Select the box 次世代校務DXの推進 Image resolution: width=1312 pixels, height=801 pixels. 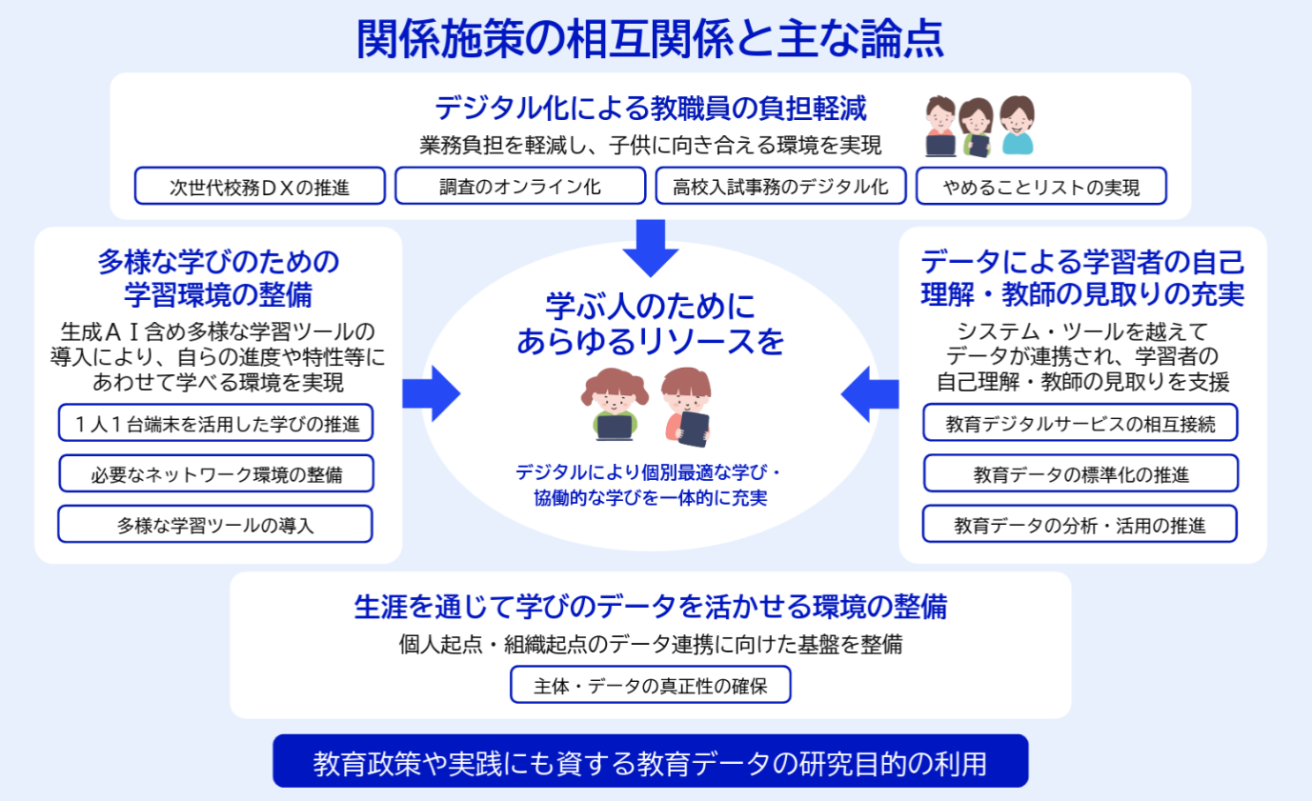260,187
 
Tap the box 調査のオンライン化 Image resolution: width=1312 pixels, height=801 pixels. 520,187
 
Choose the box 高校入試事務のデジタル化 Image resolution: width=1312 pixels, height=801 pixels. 780,187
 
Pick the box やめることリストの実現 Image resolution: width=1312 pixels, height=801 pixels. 1040,187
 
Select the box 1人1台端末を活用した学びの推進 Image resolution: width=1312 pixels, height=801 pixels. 215,423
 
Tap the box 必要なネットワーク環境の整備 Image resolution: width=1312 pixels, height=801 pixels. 215,473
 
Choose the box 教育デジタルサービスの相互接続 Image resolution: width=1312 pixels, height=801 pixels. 1080,423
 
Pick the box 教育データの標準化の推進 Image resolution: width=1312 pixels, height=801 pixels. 1080,473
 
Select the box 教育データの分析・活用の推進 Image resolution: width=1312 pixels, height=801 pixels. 1080,525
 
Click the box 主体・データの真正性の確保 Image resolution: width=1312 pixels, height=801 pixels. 651,685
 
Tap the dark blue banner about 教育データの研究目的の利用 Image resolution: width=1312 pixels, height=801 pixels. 651,762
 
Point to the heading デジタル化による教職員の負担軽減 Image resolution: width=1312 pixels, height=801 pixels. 651,109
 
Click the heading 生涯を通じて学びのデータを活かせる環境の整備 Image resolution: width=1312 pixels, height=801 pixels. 651,607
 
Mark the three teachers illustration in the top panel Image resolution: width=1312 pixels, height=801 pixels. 980,126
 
